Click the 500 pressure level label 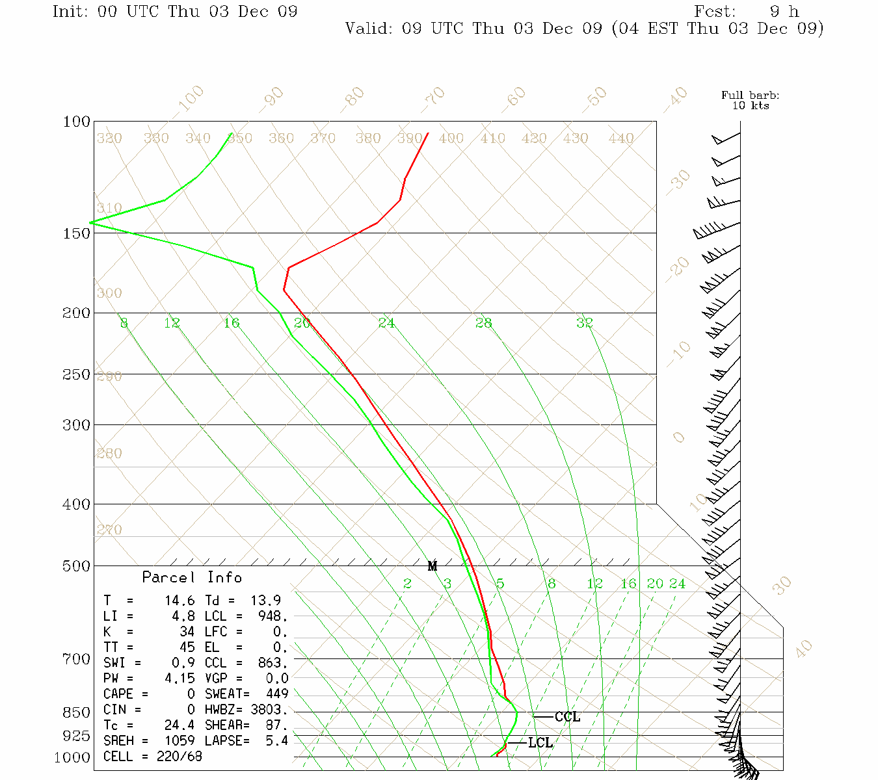coord(77,566)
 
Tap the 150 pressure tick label coord(77,233)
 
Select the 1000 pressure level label coord(72,757)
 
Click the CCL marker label coord(567,717)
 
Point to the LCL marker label coord(540,743)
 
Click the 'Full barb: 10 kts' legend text coord(750,101)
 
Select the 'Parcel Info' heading coord(192,577)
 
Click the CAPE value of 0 coord(191,694)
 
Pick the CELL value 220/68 coord(179,757)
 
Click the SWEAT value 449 coord(276,694)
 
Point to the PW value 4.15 coord(179,679)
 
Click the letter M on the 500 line coord(432,566)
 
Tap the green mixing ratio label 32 coord(584,322)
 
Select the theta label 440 coord(621,138)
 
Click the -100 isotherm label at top coord(189,99)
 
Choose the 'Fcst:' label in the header coord(715,12)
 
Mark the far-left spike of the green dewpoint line coord(90,222)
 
